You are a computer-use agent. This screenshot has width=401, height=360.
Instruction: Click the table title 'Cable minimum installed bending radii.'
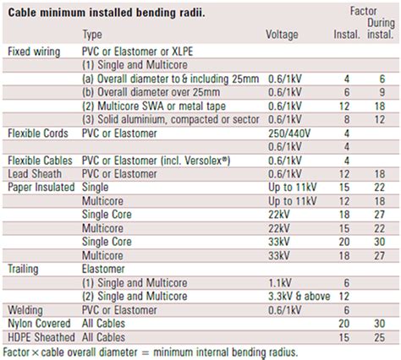(107, 13)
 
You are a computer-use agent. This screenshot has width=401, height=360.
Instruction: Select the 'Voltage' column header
(282, 35)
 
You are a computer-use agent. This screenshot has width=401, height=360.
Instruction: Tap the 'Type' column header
(92, 35)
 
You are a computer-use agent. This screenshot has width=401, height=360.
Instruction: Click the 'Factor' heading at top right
(363, 11)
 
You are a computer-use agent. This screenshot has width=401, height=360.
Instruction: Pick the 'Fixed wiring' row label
(34, 52)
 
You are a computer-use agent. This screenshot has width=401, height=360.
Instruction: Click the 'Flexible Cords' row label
(38, 134)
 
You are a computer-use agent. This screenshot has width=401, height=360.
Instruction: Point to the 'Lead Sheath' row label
(35, 174)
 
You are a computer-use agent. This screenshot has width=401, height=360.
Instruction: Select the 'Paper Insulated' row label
(41, 188)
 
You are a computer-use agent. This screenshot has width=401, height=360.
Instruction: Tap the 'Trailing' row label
(23, 270)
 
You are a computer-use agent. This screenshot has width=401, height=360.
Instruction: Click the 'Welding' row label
(25, 310)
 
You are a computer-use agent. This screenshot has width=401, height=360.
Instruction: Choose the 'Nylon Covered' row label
(39, 324)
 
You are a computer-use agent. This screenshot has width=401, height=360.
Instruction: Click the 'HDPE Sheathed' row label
(41, 337)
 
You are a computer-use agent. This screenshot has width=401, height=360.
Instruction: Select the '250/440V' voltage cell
(289, 134)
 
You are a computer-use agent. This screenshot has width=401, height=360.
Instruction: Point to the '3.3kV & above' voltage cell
(299, 297)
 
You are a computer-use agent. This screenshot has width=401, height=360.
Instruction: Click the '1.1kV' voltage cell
(280, 283)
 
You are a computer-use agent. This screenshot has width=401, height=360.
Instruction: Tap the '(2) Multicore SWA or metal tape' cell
(154, 106)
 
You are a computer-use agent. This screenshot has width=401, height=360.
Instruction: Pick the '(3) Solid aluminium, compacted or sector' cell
(171, 120)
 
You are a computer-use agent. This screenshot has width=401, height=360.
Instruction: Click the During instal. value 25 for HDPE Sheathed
(380, 337)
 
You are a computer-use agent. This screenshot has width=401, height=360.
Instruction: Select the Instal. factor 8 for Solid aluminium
(347, 120)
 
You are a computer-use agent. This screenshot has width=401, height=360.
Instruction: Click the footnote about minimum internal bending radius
(151, 352)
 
